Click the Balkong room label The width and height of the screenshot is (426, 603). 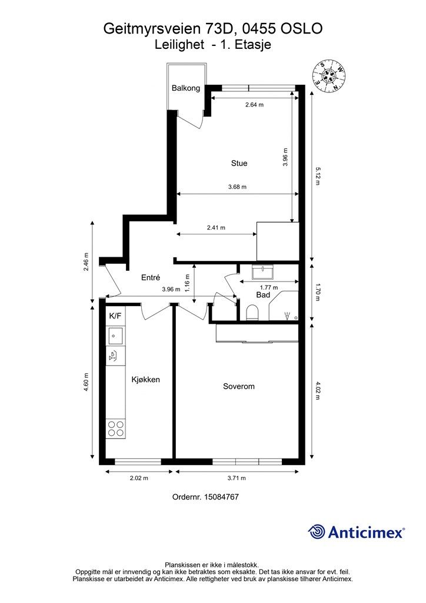pyautogui.click(x=186, y=88)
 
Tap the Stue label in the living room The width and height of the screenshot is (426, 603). pyautogui.click(x=239, y=163)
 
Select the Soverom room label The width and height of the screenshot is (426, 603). pyautogui.click(x=239, y=386)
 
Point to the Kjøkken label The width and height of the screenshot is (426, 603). pyautogui.click(x=145, y=380)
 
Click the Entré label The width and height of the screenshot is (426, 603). pyautogui.click(x=151, y=277)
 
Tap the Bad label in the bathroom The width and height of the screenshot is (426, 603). pyautogui.click(x=263, y=295)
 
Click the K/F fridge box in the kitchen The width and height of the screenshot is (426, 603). pyautogui.click(x=115, y=316)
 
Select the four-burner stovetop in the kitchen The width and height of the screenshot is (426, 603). pyautogui.click(x=116, y=428)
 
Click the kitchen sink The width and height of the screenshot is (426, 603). pyautogui.click(x=115, y=335)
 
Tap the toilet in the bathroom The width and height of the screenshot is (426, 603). pyautogui.click(x=252, y=313)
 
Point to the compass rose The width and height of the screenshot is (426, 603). pyautogui.click(x=329, y=77)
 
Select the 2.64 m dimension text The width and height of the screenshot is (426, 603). pyautogui.click(x=254, y=105)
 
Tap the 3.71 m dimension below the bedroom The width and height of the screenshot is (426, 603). pyautogui.click(x=237, y=478)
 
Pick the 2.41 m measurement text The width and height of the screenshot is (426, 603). pyautogui.click(x=216, y=228)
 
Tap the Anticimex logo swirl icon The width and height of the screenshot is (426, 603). pyautogui.click(x=316, y=532)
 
